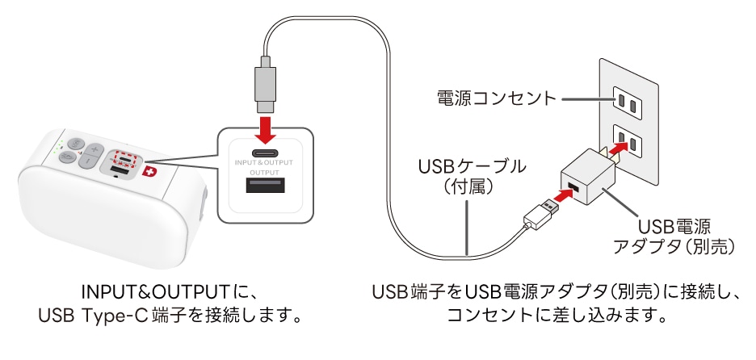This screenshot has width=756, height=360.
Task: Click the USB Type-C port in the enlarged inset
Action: coord(265,153)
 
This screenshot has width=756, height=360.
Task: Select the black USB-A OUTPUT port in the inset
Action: coord(265,187)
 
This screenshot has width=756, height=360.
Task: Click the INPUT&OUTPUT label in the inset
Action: coord(265,164)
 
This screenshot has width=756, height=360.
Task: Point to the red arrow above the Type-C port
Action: coord(265,127)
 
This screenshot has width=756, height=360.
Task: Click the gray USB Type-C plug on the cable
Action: coord(265,85)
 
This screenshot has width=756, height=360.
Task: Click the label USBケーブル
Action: coord(472,167)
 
